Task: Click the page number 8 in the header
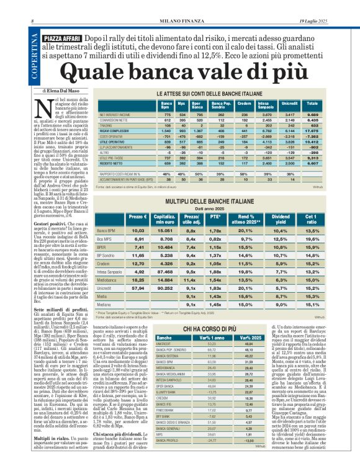[x=32, y=5]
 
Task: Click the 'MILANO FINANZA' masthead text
[x=180, y=5]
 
